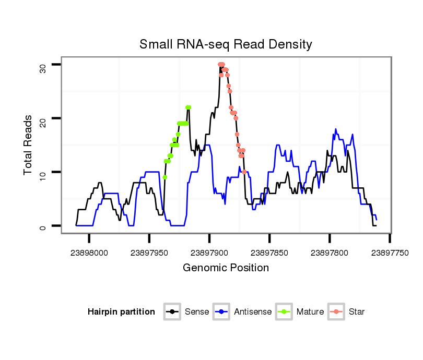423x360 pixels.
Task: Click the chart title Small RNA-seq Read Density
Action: coord(226,44)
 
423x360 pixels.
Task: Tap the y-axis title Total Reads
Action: coord(29,145)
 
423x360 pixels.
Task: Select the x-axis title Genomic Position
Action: coord(226,268)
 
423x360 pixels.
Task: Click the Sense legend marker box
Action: coord(172,312)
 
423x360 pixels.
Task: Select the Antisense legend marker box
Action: coord(221,312)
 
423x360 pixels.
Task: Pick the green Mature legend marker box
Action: coord(284,312)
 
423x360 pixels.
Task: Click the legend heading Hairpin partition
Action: coord(121,312)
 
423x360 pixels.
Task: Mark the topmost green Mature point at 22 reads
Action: coord(189,107)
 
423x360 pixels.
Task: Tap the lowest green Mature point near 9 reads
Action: coord(165,177)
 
